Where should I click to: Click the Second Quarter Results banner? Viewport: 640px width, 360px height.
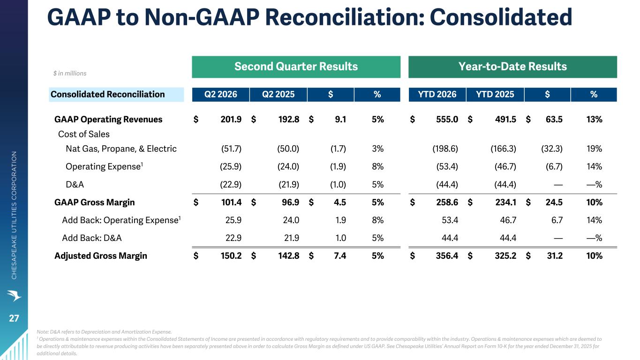[x=296, y=67]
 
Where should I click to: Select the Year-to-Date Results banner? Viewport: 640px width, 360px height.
[x=512, y=67]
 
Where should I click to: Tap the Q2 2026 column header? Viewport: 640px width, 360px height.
[x=220, y=95]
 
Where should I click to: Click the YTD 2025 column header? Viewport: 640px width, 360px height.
[x=495, y=95]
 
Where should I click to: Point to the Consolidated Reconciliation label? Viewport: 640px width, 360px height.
[x=108, y=94]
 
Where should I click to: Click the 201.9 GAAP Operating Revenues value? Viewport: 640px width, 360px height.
[x=231, y=119]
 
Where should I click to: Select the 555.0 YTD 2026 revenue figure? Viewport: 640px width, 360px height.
[x=447, y=119]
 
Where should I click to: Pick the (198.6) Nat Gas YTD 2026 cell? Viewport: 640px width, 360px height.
[x=445, y=149]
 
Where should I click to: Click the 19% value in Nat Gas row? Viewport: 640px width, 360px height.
[x=595, y=149]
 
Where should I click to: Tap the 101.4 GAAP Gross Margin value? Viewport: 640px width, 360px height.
[x=231, y=202]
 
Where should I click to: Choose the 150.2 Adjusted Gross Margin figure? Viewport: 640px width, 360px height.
[x=231, y=256]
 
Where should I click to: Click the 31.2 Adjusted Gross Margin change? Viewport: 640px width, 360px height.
[x=555, y=256]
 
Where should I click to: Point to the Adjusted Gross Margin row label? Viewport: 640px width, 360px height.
[x=100, y=256]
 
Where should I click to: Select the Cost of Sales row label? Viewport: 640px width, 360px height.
[x=84, y=134]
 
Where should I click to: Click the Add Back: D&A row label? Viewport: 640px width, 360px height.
[x=92, y=238]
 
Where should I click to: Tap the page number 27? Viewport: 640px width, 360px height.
[x=14, y=318]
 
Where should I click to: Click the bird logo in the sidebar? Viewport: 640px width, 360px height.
[x=14, y=295]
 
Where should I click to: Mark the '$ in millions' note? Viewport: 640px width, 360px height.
[x=70, y=74]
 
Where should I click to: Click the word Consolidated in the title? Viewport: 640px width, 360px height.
[x=501, y=17]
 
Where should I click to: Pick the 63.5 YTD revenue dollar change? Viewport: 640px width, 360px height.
[x=554, y=119]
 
